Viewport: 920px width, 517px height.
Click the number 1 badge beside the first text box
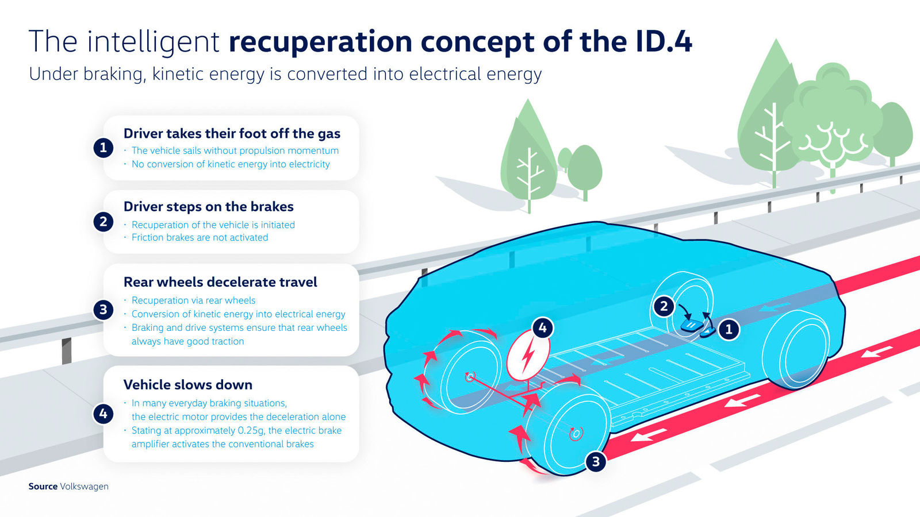[103, 148]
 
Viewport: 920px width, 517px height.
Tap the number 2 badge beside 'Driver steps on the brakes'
[103, 222]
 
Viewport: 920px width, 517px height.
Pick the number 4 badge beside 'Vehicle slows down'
[103, 413]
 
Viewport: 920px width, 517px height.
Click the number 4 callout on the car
[542, 328]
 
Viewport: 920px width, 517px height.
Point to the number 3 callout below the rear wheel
[596, 461]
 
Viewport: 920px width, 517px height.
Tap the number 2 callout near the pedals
[664, 306]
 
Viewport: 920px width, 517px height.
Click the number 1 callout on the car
[729, 329]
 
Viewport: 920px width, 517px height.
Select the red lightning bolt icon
[527, 357]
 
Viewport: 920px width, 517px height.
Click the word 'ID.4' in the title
[664, 42]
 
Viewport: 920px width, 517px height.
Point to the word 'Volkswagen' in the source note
[84, 487]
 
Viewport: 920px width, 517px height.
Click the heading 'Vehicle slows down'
[188, 385]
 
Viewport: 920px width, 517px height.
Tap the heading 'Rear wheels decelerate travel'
[220, 282]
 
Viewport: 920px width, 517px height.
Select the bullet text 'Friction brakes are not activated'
[200, 238]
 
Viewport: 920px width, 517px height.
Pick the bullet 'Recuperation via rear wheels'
[193, 300]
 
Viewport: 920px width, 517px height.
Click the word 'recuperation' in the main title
[320, 42]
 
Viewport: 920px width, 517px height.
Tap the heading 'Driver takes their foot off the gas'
[232, 134]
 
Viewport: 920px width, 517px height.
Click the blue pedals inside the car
[697, 327]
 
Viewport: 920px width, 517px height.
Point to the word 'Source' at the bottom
[43, 487]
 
